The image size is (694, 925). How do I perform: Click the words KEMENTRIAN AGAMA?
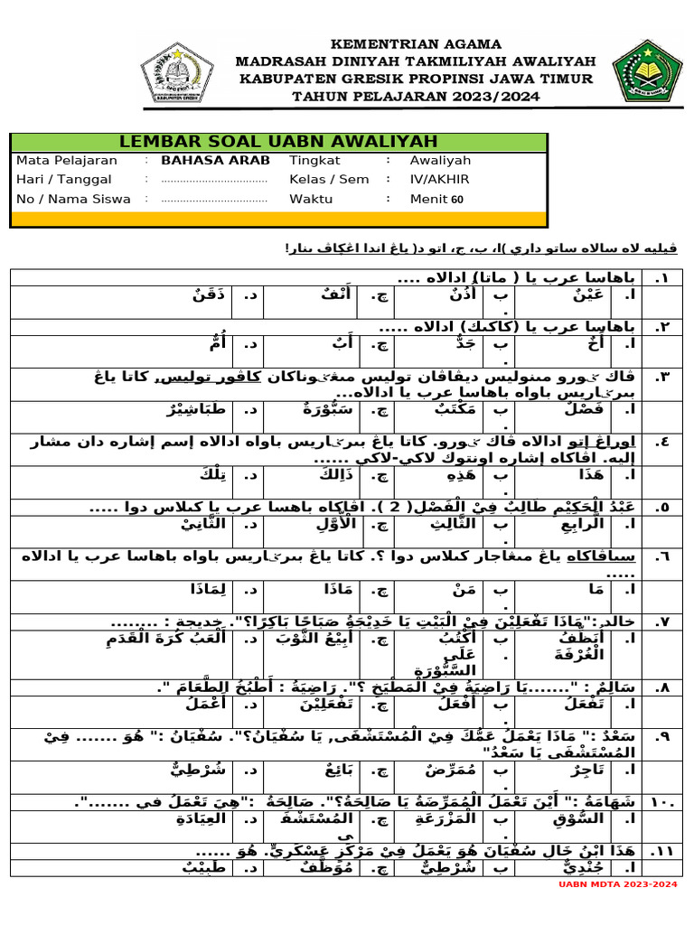(x=415, y=43)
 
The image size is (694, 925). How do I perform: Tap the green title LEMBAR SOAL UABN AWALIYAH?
(x=278, y=142)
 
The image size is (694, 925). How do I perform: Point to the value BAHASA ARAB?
(x=215, y=160)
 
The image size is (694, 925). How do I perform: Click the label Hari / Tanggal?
(x=58, y=179)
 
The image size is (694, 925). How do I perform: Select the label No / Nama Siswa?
(x=73, y=199)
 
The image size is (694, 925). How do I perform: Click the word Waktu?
(x=311, y=199)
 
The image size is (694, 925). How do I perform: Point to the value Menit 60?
(x=436, y=199)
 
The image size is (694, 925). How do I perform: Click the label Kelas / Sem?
(x=329, y=179)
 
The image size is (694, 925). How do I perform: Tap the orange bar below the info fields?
(x=278, y=219)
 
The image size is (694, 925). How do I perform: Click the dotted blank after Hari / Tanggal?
(x=214, y=180)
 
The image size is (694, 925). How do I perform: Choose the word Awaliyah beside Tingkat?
(x=440, y=160)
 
